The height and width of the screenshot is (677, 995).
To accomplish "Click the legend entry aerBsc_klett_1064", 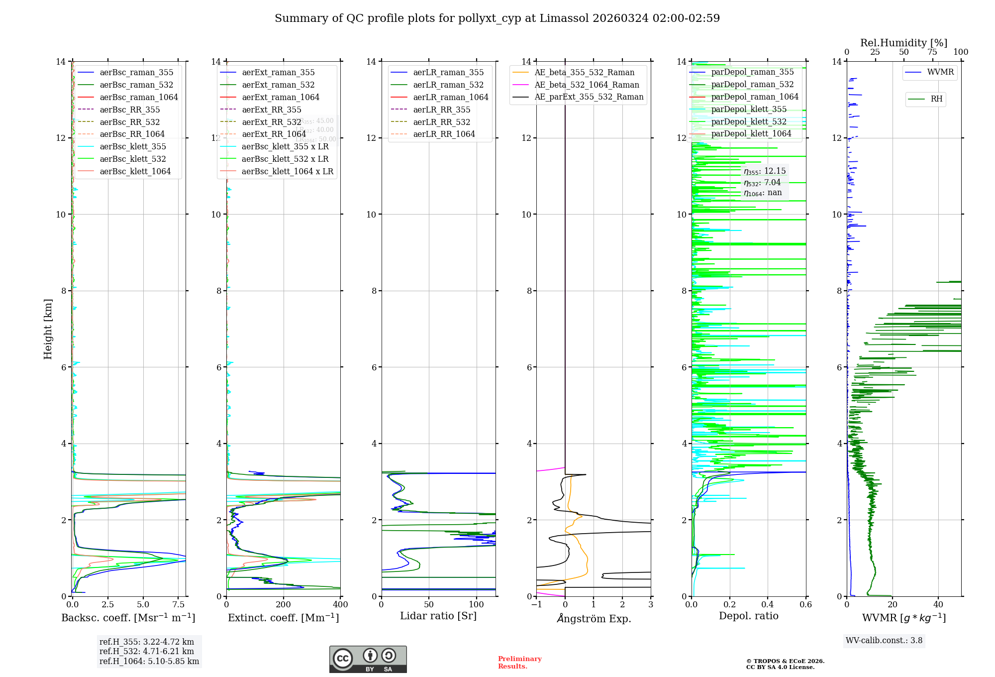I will tap(135, 171).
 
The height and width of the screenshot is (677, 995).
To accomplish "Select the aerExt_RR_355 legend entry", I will tap(271, 110).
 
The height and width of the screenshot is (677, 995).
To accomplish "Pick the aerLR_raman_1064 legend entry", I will tap(450, 97).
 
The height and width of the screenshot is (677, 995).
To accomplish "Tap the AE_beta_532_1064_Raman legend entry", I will tap(587, 85).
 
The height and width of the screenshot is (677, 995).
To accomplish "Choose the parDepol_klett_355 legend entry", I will tap(749, 109).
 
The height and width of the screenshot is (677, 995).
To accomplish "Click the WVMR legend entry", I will tap(940, 72).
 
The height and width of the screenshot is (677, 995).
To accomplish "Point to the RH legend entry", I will tap(936, 99).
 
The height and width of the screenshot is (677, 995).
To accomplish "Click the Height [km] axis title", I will tap(48, 329).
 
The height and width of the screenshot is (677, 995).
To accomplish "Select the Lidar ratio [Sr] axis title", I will tap(438, 616).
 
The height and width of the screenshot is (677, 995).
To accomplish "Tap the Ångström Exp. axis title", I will tap(594, 618).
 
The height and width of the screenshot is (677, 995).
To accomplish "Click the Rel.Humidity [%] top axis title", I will tap(903, 43).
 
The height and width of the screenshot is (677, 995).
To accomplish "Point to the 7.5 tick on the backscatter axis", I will tap(179, 605).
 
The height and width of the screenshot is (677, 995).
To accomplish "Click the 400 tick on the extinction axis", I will tap(340, 605).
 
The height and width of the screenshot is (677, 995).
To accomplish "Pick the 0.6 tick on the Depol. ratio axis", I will tap(805, 605).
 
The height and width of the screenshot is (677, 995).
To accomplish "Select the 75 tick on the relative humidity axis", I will tap(932, 52).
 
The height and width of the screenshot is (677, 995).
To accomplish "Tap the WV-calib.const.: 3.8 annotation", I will tap(884, 641).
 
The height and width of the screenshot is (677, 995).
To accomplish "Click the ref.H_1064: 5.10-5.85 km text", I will tap(149, 662).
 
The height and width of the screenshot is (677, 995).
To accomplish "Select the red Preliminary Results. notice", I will tap(519, 663).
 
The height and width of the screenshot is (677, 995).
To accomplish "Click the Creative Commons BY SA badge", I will tap(368, 660).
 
